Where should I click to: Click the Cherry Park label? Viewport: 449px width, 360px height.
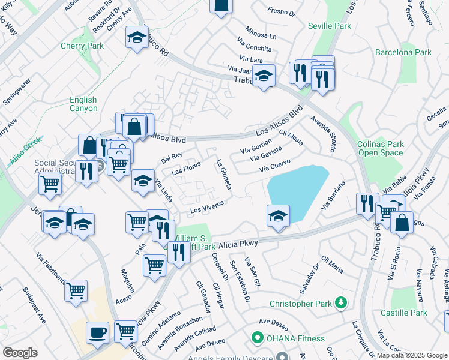(x=82, y=46)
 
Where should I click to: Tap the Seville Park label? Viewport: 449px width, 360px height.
(x=329, y=26)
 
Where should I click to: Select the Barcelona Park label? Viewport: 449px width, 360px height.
(x=403, y=53)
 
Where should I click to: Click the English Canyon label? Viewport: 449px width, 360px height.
(x=83, y=104)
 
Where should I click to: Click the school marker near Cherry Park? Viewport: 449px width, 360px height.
(x=137, y=37)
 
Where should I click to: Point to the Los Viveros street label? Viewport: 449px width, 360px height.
(x=206, y=206)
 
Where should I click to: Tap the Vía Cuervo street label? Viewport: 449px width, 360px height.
(x=275, y=165)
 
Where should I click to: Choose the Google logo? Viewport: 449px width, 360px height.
(x=20, y=353)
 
